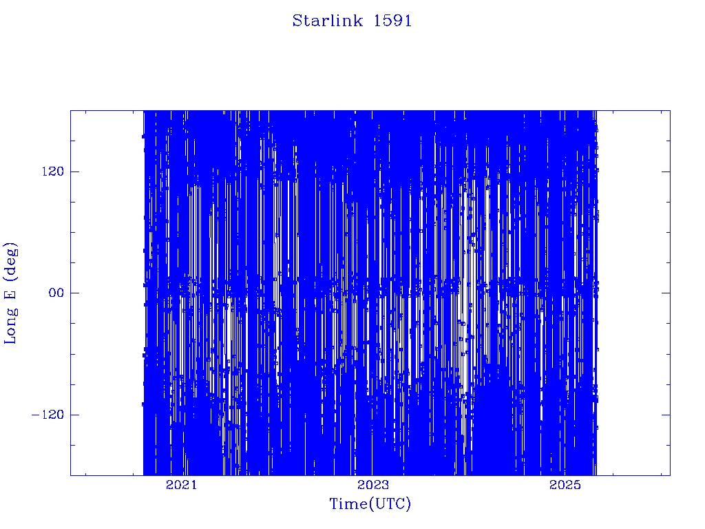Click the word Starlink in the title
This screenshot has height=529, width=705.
pos(327,21)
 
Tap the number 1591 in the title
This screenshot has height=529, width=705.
pos(392,21)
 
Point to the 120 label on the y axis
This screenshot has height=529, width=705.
pos(53,172)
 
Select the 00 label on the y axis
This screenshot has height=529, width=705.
pos(56,293)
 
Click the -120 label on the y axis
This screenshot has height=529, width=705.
pos(48,414)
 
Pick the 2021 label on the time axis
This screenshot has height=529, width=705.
pos(181,484)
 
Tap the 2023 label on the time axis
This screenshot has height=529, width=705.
pos(373,484)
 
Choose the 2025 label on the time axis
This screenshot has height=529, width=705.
pos(565,484)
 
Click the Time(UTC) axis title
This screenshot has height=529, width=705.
pos(370,504)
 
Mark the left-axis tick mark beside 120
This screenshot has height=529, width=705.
pos(74,172)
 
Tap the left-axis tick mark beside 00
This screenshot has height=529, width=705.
pos(74,293)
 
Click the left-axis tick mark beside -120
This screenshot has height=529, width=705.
pos(74,414)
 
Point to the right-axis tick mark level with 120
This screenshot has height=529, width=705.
pos(666,172)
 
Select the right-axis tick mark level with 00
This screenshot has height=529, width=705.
pos(666,293)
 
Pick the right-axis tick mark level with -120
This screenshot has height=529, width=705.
pos(666,414)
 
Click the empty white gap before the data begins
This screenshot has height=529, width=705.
pos(107,293)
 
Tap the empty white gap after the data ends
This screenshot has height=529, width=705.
pos(633,293)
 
